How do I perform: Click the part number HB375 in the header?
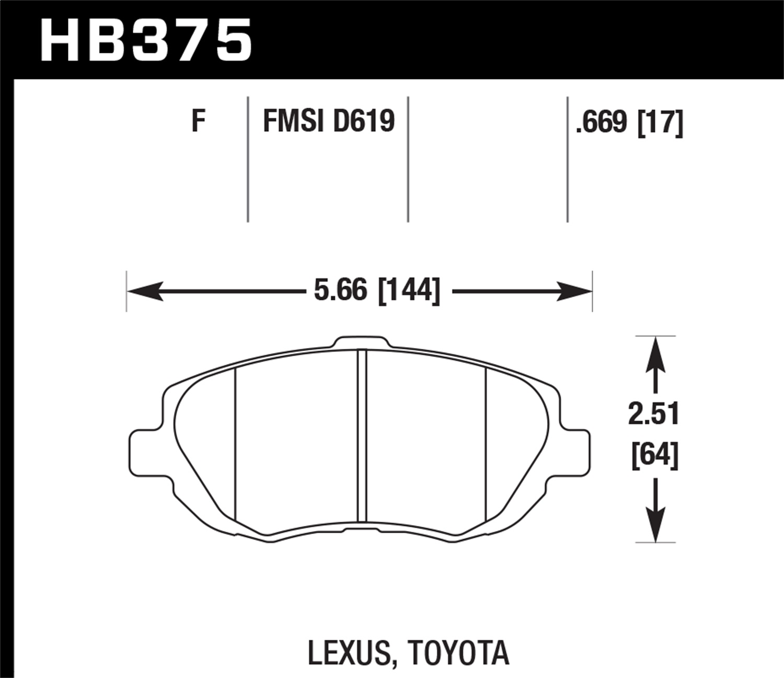tap(146, 40)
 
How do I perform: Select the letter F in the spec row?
tap(198, 121)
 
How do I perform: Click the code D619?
tap(364, 121)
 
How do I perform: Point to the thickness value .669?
tap(601, 122)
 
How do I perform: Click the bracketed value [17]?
tap(660, 123)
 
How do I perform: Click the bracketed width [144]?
tap(409, 290)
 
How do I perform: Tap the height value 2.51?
tap(654, 414)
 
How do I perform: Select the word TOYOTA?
tap(458, 653)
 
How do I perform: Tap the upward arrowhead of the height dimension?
tap(655, 353)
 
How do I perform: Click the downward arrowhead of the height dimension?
tap(655, 525)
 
